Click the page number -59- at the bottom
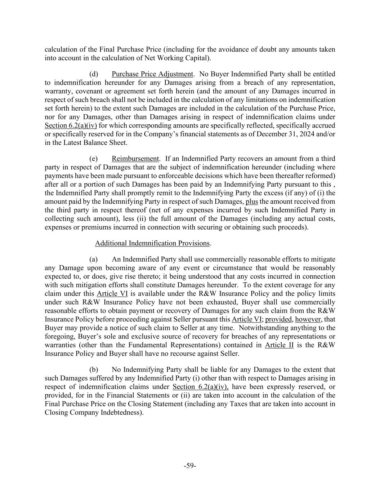click(190, 466)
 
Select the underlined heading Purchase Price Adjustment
click(152, 74)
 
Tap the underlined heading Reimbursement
click(135, 159)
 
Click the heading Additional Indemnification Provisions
click(152, 243)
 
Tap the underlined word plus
click(251, 201)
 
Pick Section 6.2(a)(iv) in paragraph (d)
click(71, 125)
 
